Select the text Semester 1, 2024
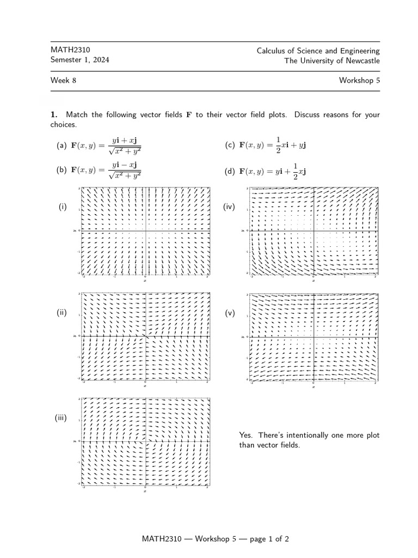point(79,60)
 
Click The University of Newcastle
point(332,60)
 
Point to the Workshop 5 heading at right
point(359,81)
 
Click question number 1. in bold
point(54,115)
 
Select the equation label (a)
point(62,146)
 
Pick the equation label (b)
point(62,170)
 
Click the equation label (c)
point(230,145)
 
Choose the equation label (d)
point(230,172)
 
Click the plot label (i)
point(63,207)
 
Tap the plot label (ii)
point(62,313)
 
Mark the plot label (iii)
point(60,418)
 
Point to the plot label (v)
point(229,314)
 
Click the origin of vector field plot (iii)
point(146,441)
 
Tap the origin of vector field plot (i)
point(146,231)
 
